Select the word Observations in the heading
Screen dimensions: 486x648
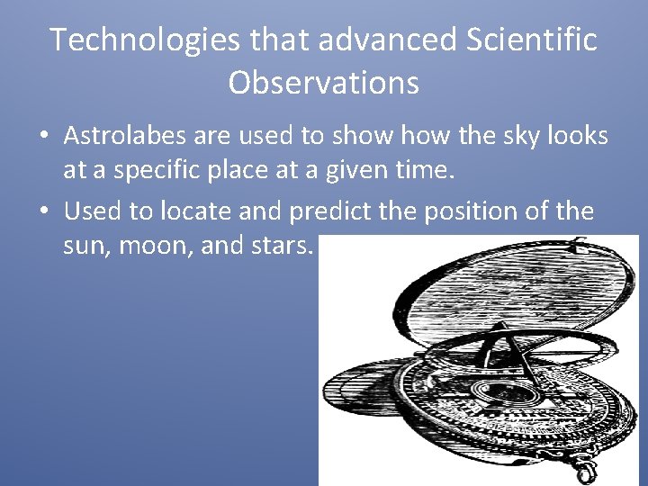(323, 83)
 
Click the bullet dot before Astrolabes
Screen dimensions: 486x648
(42, 138)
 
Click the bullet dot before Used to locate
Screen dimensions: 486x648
(42, 212)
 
